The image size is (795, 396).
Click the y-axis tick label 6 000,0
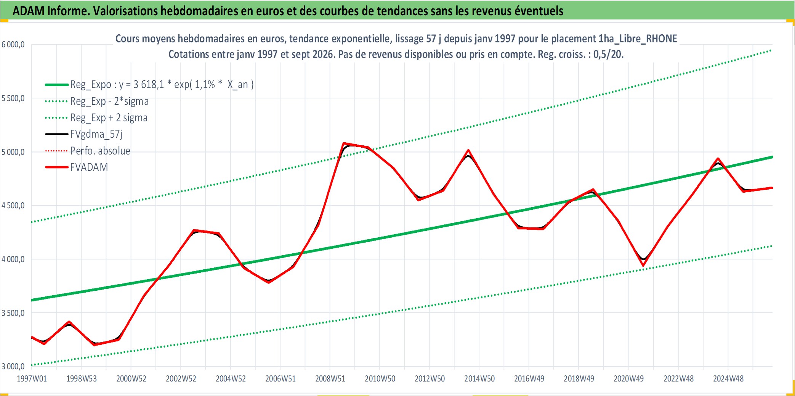pyautogui.click(x=13, y=45)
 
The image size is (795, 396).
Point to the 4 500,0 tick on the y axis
pyautogui.click(x=13, y=206)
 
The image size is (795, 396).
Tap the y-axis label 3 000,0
pyautogui.click(x=13, y=367)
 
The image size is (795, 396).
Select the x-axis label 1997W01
pyautogui.click(x=32, y=379)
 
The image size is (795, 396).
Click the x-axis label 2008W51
pyautogui.click(x=330, y=379)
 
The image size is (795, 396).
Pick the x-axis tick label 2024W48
pyautogui.click(x=728, y=379)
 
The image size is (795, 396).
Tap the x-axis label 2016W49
pyautogui.click(x=529, y=379)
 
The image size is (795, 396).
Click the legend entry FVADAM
pyautogui.click(x=89, y=167)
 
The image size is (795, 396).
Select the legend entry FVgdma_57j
pyautogui.click(x=96, y=134)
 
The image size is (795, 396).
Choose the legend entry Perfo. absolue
pyautogui.click(x=100, y=151)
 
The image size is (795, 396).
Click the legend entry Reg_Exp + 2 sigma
pyautogui.click(x=109, y=118)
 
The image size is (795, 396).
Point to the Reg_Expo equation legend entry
pyautogui.click(x=162, y=84)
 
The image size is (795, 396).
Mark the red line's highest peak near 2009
pyautogui.click(x=344, y=143)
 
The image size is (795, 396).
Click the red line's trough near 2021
pyautogui.click(x=643, y=266)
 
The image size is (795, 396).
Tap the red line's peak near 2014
pyautogui.click(x=468, y=150)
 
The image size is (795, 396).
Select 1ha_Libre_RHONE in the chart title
pyautogui.click(x=638, y=39)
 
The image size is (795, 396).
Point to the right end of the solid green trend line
pyautogui.click(x=772, y=157)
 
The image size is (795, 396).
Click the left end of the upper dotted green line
pyautogui.click(x=32, y=222)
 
